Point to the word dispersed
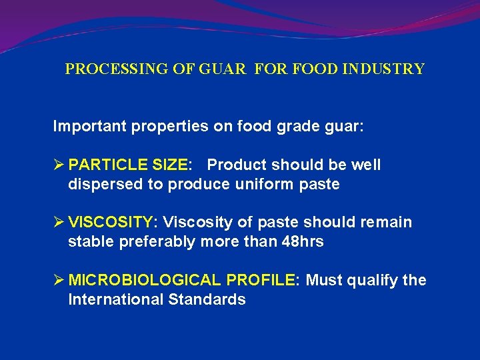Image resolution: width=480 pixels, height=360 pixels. click(105, 184)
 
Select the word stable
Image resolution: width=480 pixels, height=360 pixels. click(91, 241)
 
